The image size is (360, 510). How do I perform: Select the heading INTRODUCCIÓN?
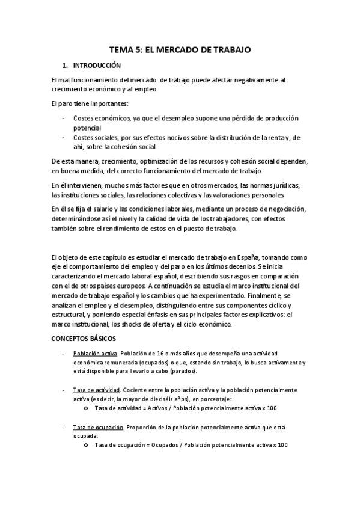(x=97, y=65)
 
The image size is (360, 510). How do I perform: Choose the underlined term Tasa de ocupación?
(x=98, y=427)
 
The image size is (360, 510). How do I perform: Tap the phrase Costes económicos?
(x=99, y=118)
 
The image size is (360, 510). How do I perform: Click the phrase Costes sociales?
(x=94, y=138)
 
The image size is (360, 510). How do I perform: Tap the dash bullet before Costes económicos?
(x=64, y=118)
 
